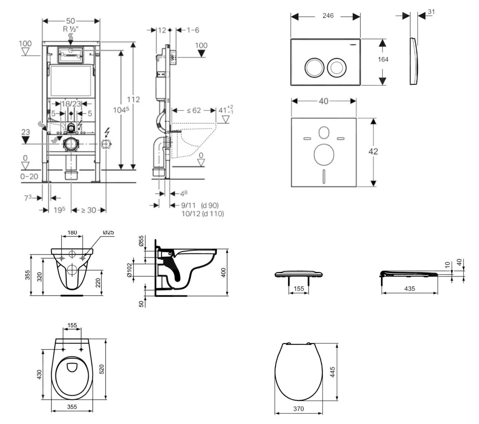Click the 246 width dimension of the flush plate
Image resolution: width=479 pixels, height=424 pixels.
tap(328, 16)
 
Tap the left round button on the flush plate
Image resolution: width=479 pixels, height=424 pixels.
tap(314, 68)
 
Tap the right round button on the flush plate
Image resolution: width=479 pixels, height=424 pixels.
tap(337, 67)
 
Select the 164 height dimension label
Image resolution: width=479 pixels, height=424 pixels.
tap(383, 59)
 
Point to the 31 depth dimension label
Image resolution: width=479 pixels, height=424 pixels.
tap(431, 12)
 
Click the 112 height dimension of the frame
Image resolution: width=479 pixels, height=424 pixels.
tap(133, 100)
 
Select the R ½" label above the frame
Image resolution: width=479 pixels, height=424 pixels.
tap(71, 29)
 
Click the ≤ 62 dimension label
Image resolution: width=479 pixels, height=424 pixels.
tap(194, 110)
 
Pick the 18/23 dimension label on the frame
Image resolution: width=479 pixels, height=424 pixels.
tap(71, 104)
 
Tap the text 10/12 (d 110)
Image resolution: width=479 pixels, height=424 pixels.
tap(203, 214)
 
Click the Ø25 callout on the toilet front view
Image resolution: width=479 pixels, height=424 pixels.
tap(108, 232)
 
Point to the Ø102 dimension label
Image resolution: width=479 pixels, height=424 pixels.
tap(129, 270)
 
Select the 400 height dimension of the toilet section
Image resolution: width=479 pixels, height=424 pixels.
tap(224, 272)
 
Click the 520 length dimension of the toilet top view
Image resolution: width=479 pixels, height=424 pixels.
tap(102, 369)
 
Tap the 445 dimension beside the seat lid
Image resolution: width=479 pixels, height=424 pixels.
tap(332, 372)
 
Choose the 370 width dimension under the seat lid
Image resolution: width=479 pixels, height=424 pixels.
tap(299, 409)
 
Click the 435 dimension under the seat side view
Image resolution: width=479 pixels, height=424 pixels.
tap(410, 289)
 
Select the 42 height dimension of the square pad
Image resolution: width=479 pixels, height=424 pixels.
tap(373, 151)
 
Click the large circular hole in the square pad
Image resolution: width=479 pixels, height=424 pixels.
tap(324, 155)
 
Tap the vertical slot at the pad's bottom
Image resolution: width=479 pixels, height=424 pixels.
tap(324, 176)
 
